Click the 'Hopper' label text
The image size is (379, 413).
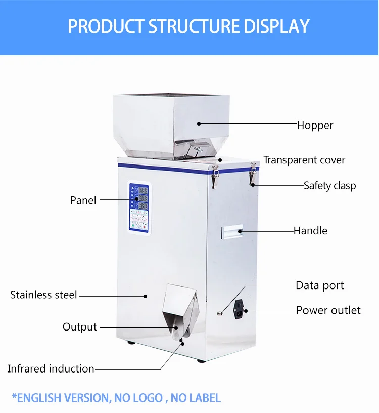pyautogui.click(x=315, y=125)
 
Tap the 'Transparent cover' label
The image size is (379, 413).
pyautogui.click(x=304, y=160)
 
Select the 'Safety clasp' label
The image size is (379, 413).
pyautogui.click(x=329, y=186)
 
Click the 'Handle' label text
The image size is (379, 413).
pyautogui.click(x=311, y=231)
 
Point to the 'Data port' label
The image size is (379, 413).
pyautogui.click(x=319, y=285)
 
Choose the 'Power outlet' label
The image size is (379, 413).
pyautogui.click(x=328, y=310)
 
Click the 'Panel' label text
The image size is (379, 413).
pyautogui.click(x=83, y=201)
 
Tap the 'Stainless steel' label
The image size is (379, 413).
pyautogui.click(x=43, y=295)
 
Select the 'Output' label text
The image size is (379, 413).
pyautogui.click(x=79, y=327)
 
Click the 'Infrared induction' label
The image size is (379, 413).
pyautogui.click(x=51, y=369)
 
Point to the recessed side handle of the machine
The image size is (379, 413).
pyautogui.click(x=231, y=232)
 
